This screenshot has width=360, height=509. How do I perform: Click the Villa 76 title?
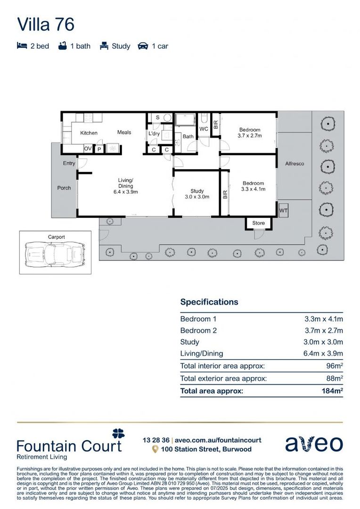tap(46, 25)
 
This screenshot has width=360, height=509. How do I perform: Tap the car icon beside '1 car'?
tap(143, 46)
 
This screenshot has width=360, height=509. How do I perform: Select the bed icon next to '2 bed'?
tap(22, 46)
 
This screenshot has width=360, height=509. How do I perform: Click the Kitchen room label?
tap(89, 133)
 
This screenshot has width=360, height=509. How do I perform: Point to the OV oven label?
tap(88, 148)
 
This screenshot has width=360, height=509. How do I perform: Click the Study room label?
tap(197, 191)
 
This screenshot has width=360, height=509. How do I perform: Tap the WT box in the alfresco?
tap(283, 210)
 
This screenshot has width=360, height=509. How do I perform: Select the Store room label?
tap(259, 223)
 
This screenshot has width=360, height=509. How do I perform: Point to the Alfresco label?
tap(295, 164)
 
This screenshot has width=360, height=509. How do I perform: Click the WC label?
tap(204, 129)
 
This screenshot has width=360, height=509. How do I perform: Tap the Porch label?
tap(64, 188)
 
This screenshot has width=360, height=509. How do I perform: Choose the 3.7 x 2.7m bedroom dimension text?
tap(249, 136)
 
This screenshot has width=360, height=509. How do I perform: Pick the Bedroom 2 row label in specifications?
tap(198, 330)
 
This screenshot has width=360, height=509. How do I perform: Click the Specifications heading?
tap(209, 302)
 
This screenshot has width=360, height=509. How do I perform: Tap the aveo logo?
tap(314, 443)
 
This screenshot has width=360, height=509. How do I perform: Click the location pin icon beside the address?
tap(154, 450)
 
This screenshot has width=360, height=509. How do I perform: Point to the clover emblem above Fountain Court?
tap(118, 433)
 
